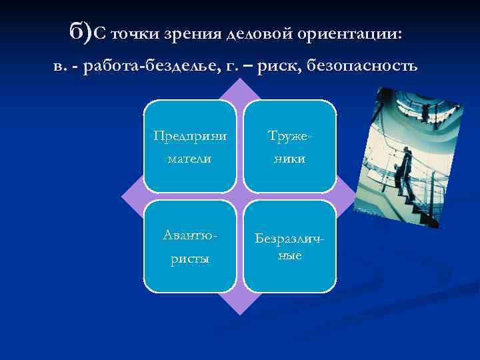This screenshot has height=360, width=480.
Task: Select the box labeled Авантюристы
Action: tap(189, 246)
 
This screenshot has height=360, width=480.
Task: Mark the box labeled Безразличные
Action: tap(289, 246)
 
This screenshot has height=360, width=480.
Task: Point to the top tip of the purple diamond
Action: tap(239, 81)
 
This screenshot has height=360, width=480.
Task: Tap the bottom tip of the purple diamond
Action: tap(239, 311)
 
